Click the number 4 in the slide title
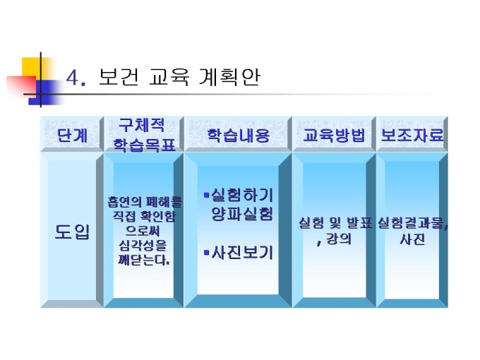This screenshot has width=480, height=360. [73, 77]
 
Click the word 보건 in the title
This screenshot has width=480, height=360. [119, 76]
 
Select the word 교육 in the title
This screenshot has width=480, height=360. [169, 76]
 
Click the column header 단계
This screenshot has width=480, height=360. [72, 135]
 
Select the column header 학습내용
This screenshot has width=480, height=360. [238, 135]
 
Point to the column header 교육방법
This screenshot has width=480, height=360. [334, 135]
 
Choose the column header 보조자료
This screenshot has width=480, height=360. [412, 135]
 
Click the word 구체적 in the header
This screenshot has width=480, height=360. [141, 125]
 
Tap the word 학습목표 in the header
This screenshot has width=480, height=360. [145, 145]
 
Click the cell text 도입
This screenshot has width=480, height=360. [72, 232]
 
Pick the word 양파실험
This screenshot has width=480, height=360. [242, 213]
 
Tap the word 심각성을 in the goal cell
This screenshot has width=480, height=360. [143, 246]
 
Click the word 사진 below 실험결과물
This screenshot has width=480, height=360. [412, 239]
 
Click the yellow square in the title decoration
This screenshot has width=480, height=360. [31, 68]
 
